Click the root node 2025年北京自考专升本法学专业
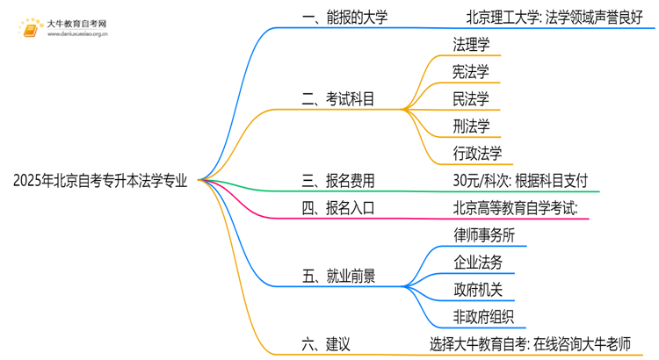[100, 182]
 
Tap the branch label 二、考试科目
[337, 99]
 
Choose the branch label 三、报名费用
[337, 182]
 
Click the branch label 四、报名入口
[337, 209]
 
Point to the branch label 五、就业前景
[337, 277]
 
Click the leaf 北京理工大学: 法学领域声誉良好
[554, 17]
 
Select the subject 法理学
[471, 44]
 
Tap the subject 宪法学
[471, 71]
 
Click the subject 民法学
[471, 98]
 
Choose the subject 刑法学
[471, 126]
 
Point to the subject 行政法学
[478, 154]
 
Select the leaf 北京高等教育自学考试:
[514, 209]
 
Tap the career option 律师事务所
[484, 236]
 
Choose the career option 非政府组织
[484, 318]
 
